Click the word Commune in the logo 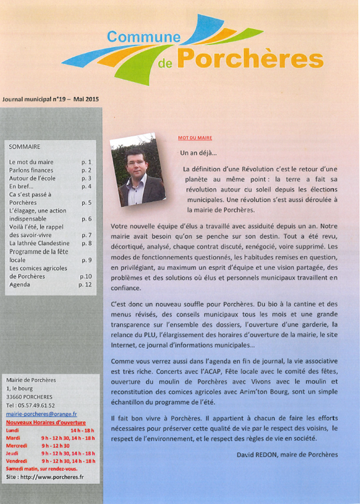tap(143, 37)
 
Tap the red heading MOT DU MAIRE tap(195, 138)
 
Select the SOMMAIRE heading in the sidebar tap(25, 147)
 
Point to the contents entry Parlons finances tap(31, 170)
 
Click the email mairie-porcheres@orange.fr tap(41, 414)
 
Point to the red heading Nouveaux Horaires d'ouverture tap(46, 423)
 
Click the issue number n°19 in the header tap(57, 100)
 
